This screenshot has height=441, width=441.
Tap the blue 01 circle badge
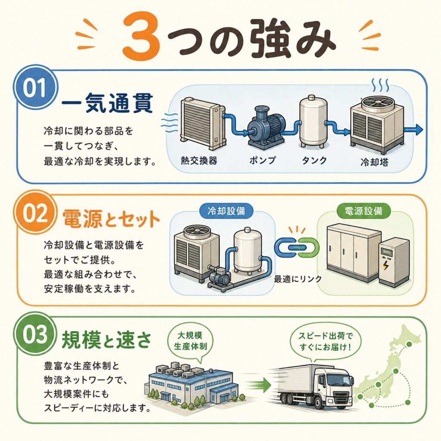tap(35, 88)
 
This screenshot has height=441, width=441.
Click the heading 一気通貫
tap(107, 103)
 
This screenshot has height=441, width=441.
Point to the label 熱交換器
tap(199, 160)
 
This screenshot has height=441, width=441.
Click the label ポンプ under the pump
tap(262, 160)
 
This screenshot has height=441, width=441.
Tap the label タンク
tap(314, 160)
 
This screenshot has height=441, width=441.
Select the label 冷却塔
tap(374, 162)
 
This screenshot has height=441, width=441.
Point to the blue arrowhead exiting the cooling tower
tap(419, 130)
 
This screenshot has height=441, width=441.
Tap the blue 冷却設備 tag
tap(226, 211)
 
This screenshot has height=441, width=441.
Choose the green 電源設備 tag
tap(363, 211)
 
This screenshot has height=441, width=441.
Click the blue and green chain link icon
tap(297, 248)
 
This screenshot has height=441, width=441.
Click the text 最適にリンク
tap(298, 279)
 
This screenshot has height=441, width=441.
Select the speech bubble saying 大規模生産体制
tap(190, 342)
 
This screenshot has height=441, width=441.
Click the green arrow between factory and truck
tap(259, 385)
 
